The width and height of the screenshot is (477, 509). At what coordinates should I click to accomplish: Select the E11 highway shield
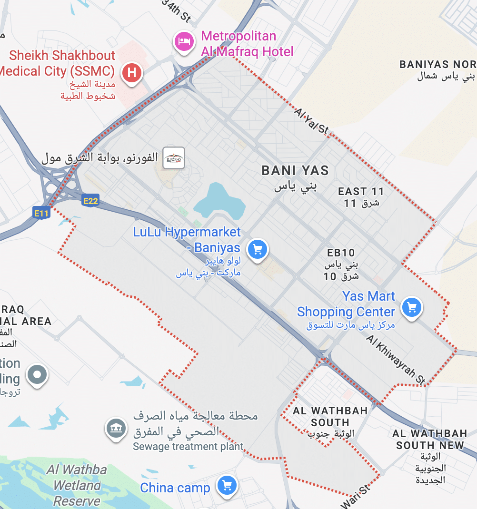coord(41,214)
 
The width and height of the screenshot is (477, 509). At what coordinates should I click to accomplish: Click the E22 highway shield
coord(90,201)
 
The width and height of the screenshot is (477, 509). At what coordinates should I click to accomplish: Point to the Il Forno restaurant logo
coord(173,158)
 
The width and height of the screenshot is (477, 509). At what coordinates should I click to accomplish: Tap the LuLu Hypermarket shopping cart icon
coord(258,249)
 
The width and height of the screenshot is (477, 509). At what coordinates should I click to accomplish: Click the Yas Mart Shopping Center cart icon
coord(412,308)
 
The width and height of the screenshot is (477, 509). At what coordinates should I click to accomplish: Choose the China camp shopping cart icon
coord(227,486)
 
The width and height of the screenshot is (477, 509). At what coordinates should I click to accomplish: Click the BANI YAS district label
coord(295,170)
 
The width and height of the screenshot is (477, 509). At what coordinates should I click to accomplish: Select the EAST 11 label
coord(361,192)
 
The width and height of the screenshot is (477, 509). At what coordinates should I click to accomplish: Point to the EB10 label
coord(341,253)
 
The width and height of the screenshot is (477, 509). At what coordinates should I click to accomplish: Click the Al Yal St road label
coord(312,120)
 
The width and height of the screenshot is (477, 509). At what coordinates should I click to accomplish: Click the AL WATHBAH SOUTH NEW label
coord(430,439)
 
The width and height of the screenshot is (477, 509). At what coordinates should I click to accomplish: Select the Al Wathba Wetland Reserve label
coord(77,485)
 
